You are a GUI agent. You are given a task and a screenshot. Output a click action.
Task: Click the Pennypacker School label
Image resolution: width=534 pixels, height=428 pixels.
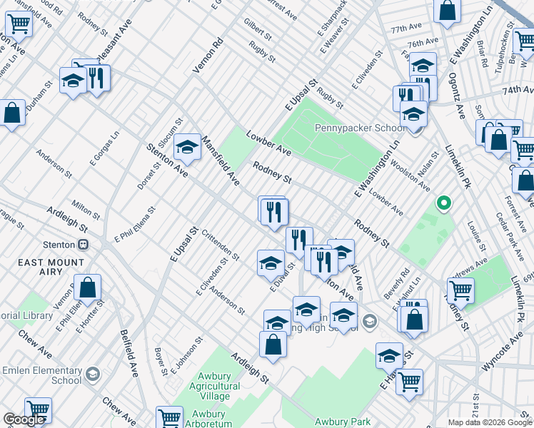point(360,128)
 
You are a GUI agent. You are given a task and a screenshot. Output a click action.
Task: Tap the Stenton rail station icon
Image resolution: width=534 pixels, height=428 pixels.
point(84,245)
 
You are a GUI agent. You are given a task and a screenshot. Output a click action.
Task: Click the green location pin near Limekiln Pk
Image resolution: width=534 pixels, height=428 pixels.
point(443,203)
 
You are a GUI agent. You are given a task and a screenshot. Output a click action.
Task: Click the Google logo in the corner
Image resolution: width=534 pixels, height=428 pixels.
point(24,419)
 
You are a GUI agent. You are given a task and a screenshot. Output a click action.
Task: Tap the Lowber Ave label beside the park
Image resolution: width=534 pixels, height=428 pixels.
point(269,143)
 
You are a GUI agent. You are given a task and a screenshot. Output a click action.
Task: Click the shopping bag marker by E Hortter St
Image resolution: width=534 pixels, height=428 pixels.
point(88,288)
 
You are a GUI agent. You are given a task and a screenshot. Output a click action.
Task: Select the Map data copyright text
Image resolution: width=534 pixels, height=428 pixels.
point(490,422)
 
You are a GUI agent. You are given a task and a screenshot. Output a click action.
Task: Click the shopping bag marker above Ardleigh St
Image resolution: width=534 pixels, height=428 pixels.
point(273,345)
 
